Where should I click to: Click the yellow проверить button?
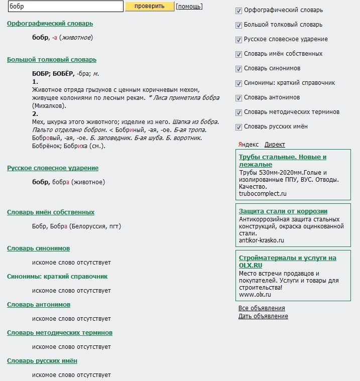pos(149,6)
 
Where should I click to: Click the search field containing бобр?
pos(66,6)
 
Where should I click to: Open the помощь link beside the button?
pos(189,7)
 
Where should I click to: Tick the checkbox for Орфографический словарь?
pos(238,10)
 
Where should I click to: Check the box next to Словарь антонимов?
pos(238,97)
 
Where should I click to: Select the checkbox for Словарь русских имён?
pos(238,126)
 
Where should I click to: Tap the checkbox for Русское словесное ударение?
pos(238,39)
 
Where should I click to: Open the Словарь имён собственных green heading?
pos(51,212)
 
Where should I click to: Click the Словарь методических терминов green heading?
pos(60,333)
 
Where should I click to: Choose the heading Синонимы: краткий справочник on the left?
pos(57,277)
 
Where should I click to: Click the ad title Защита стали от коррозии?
pos(283,211)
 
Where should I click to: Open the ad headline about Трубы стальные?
pos(283,161)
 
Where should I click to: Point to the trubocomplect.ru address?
pos(263,193)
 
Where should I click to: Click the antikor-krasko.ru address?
pos(262,240)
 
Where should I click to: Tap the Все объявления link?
pos(262,308)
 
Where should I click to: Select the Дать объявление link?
pos(263,316)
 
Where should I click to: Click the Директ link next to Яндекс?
pos(275,145)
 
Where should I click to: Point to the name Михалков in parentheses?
pos(49,106)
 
